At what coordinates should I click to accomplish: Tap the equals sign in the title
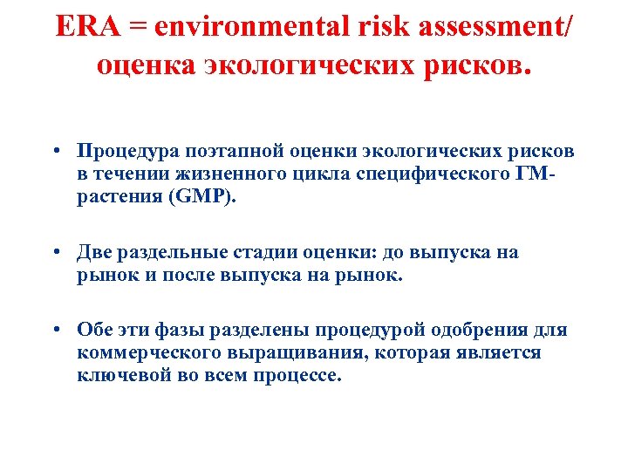tap(138, 27)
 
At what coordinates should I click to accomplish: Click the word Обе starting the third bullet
tap(95, 331)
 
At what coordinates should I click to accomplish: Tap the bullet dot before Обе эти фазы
tap(55, 331)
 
